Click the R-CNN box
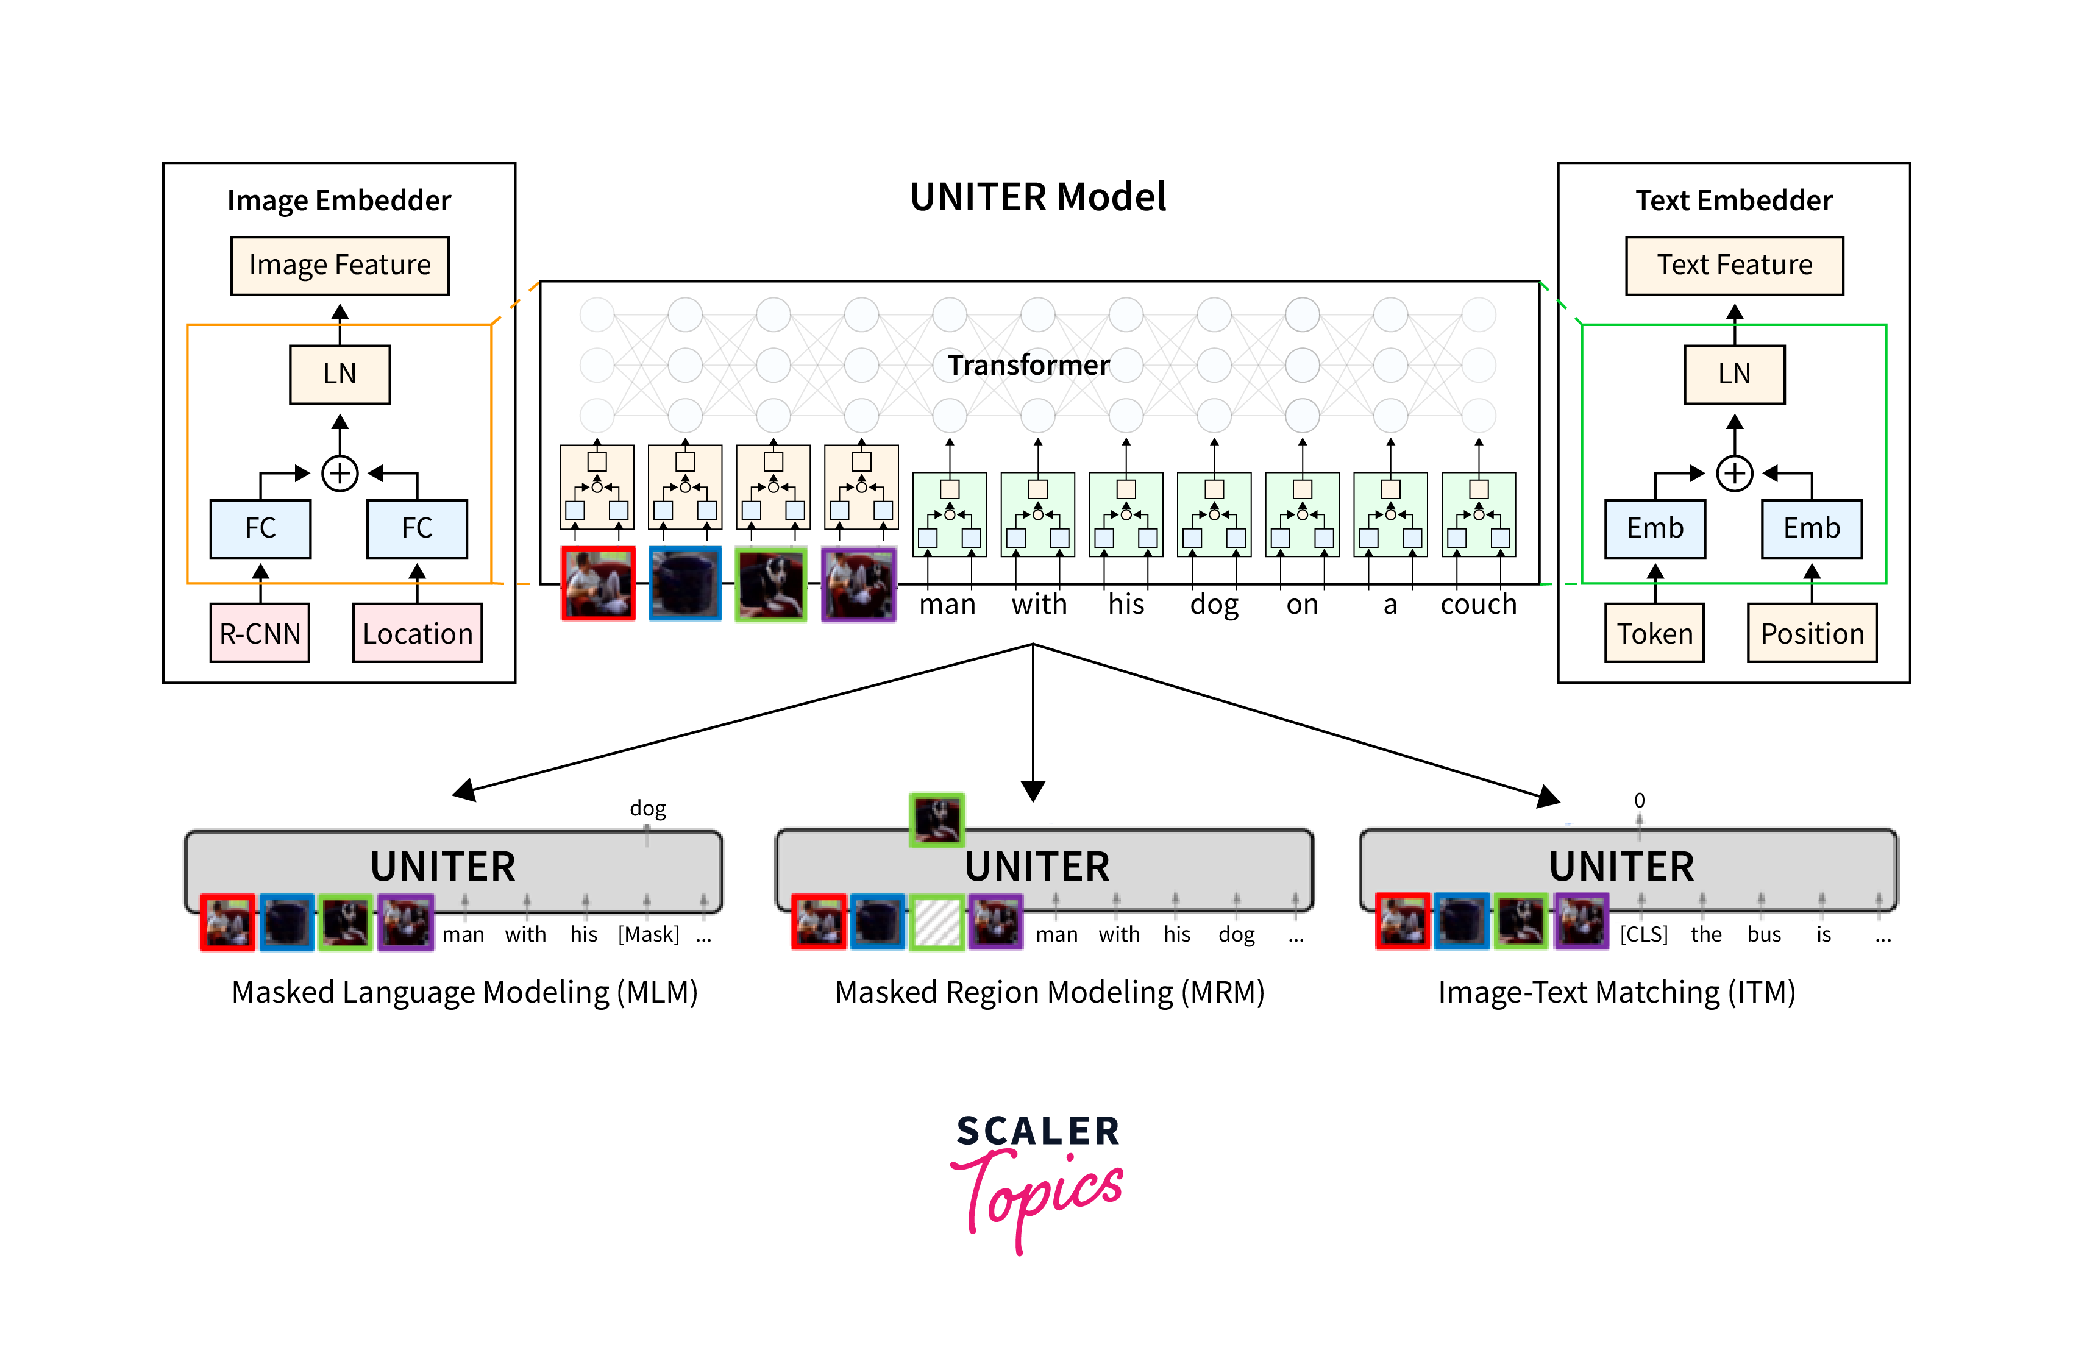point(260,633)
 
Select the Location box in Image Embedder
point(417,633)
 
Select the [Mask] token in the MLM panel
point(648,934)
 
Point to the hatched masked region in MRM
point(936,922)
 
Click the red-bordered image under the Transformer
point(597,583)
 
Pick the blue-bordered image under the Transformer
point(684,583)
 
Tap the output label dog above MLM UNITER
point(648,808)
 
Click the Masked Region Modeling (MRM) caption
point(1049,992)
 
